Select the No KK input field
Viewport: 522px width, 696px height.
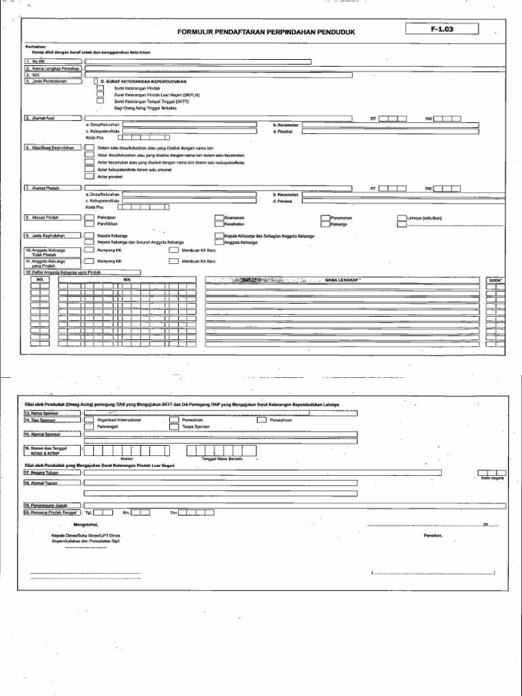[198, 61]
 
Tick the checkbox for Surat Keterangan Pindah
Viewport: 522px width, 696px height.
[100, 88]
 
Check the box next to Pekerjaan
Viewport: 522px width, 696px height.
[88, 217]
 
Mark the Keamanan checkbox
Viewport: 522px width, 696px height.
[219, 217]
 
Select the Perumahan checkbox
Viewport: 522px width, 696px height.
[325, 217]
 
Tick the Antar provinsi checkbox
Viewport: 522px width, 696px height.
[88, 177]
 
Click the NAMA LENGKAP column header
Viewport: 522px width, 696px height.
[341, 279]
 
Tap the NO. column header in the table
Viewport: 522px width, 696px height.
[39, 279]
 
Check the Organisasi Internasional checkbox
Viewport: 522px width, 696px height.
[88, 420]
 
